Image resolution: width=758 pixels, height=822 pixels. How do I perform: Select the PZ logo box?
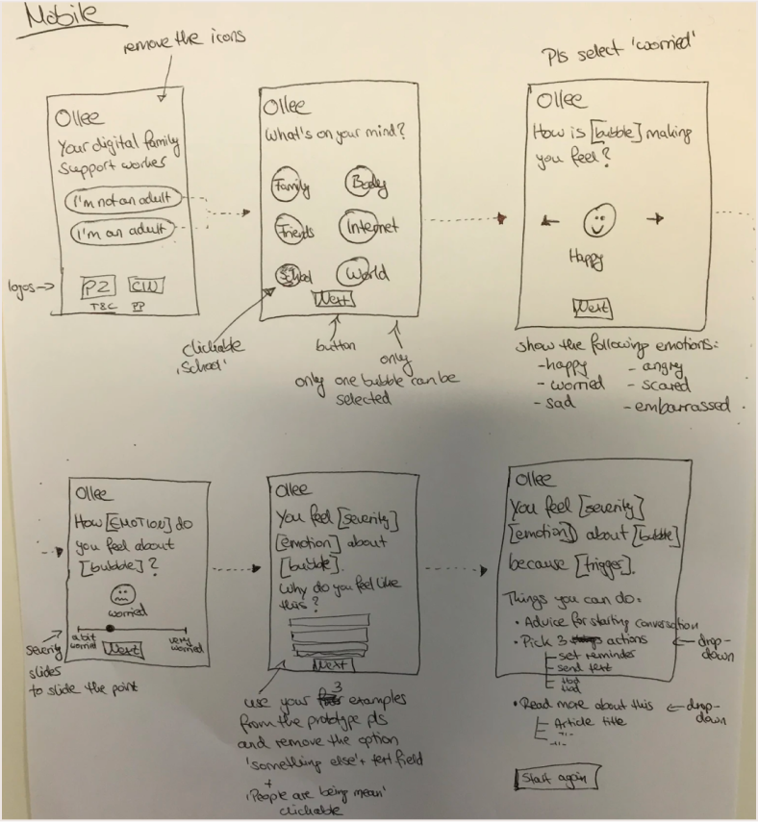99,286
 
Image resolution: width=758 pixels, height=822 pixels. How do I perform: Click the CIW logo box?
145,286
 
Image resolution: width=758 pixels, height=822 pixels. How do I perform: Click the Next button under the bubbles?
333,299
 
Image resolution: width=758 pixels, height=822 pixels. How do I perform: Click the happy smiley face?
598,221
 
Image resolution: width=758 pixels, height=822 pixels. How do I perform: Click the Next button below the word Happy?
592,308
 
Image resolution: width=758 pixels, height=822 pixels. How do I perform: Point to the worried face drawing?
122,590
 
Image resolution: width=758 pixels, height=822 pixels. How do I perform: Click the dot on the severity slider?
111,629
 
